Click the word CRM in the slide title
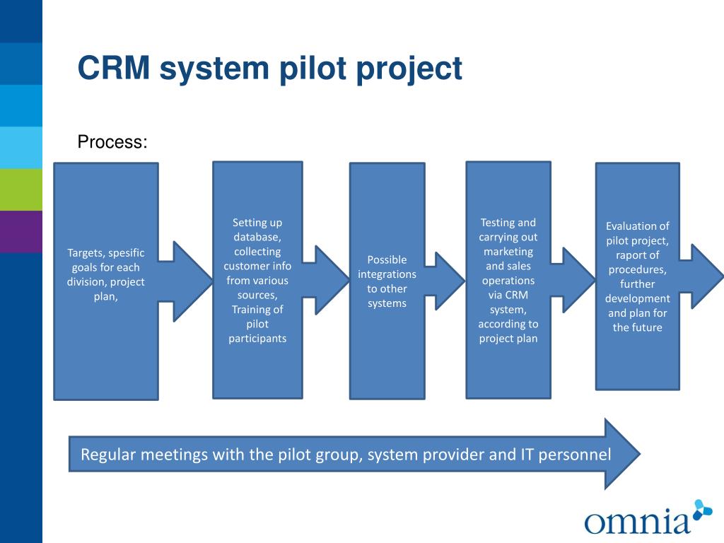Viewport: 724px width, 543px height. point(114,68)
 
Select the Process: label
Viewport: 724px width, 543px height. point(112,141)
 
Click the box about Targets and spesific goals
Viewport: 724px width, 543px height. point(106,281)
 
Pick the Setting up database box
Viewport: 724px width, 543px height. point(257,280)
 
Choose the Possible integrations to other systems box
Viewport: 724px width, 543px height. point(387,281)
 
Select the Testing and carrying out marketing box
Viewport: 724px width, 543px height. point(508,280)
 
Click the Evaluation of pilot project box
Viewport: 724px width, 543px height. point(638,276)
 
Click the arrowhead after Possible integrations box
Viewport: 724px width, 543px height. point(447,281)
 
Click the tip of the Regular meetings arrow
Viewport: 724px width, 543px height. point(641,454)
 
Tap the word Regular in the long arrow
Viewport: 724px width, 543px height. point(108,455)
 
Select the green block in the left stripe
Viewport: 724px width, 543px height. point(21,189)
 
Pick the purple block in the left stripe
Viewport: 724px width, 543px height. point(21,232)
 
